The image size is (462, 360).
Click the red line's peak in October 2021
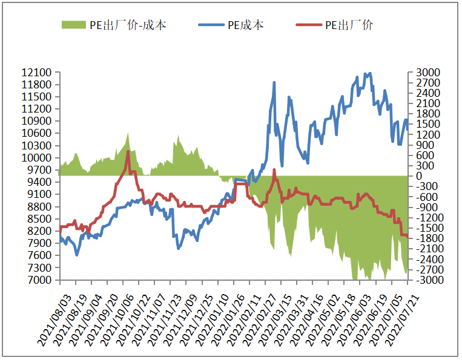point(128,151)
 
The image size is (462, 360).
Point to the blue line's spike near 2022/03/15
point(274,82)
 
